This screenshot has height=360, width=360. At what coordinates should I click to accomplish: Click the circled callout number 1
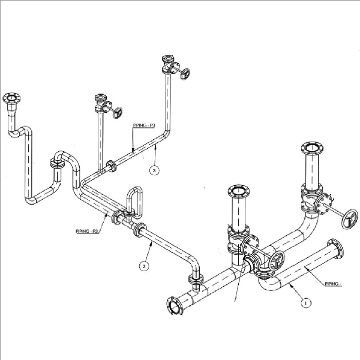click(305, 303)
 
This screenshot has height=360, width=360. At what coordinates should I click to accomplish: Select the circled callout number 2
click(144, 265)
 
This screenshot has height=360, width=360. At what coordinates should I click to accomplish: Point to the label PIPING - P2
click(88, 230)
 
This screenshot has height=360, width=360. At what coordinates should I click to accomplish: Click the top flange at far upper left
click(10, 98)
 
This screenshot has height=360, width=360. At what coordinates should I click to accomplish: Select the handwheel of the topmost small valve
click(186, 74)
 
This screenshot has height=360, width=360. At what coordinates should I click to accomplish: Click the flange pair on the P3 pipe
click(111, 166)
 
